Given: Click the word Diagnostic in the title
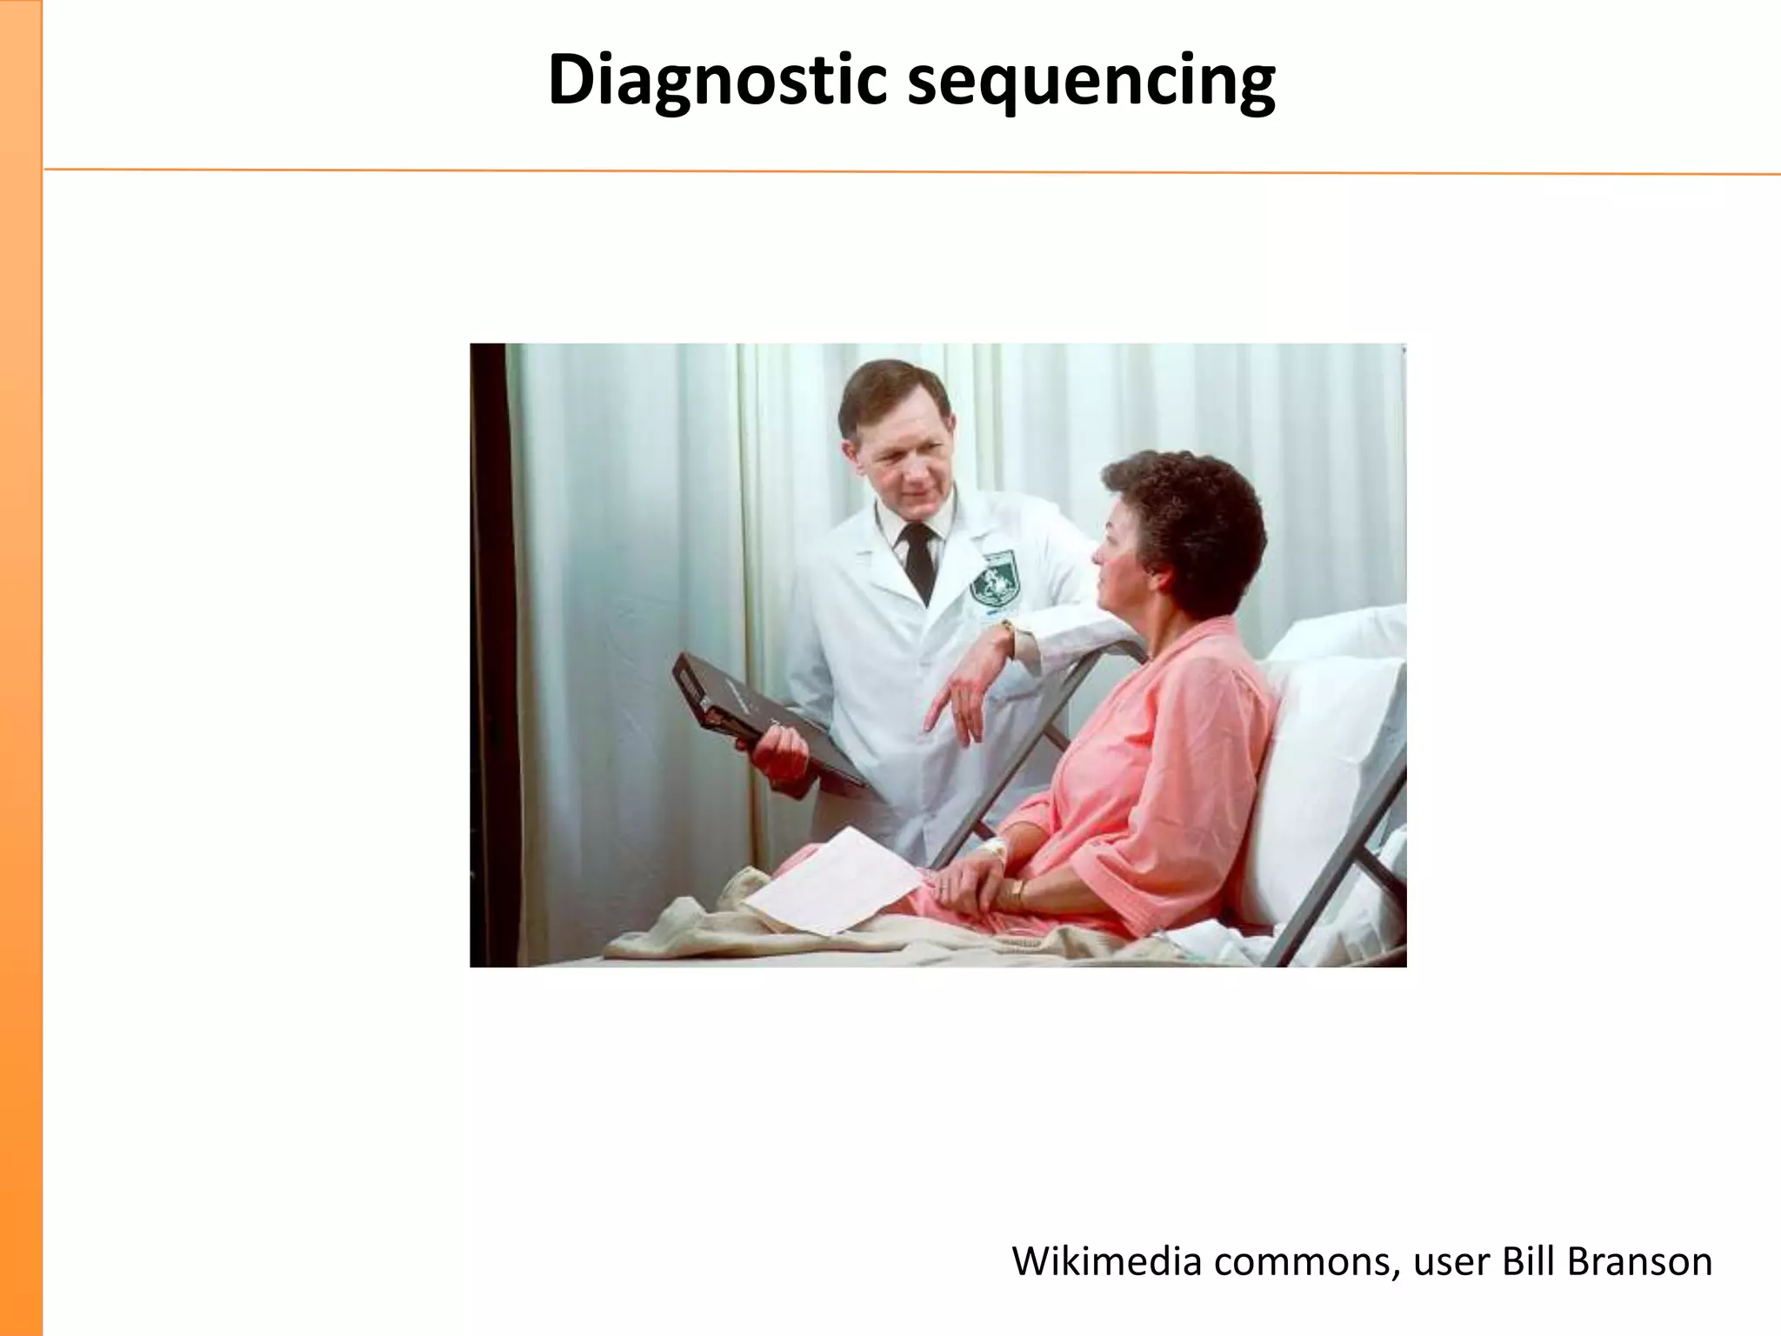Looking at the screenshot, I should coord(717,81).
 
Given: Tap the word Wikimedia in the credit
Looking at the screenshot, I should coord(1106,1261).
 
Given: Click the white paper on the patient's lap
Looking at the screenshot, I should coord(835,883).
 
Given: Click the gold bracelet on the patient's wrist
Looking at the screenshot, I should coord(1017,891).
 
